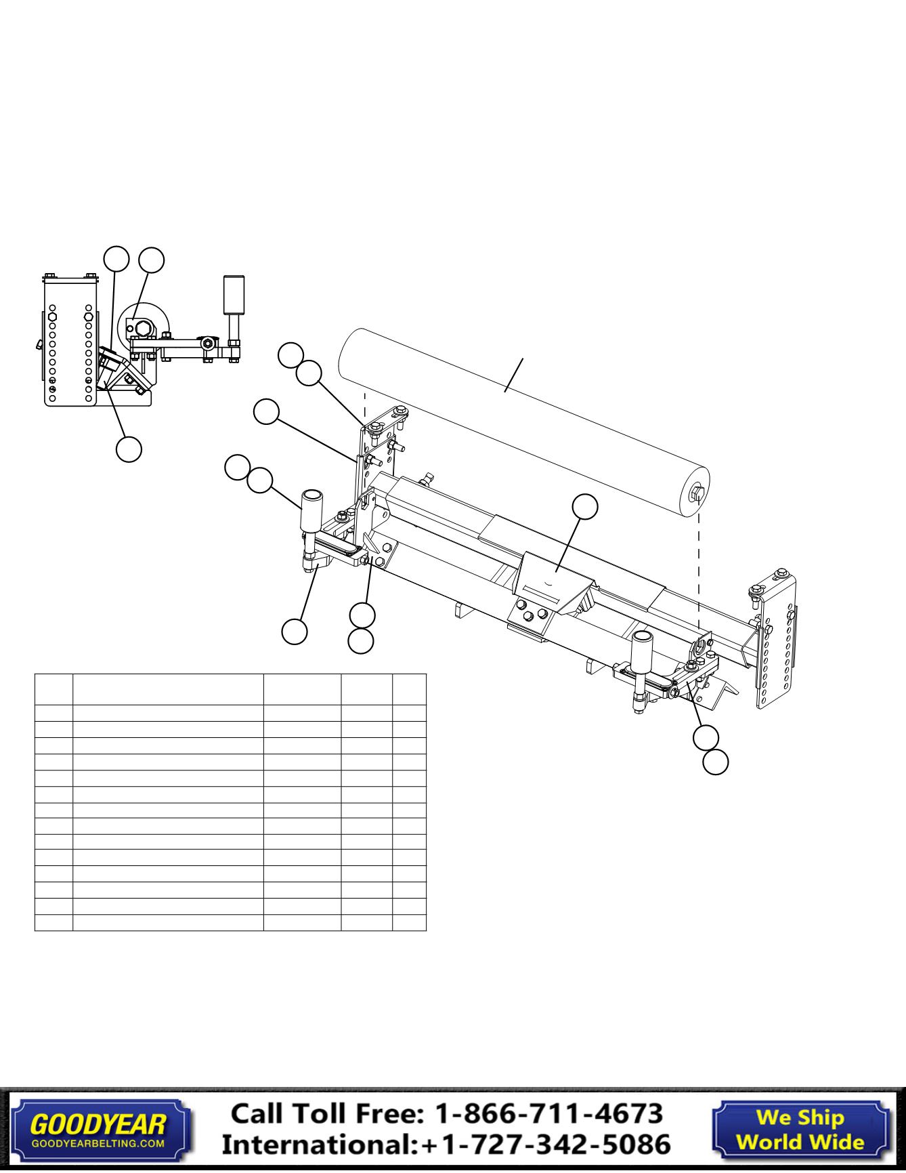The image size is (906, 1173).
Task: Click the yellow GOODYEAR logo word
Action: point(98,1124)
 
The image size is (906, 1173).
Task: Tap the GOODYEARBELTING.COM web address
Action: point(98,1143)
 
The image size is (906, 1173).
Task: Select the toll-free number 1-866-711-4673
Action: point(548,1113)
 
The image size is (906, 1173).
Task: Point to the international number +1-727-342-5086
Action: point(545,1144)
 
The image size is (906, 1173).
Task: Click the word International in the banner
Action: point(318,1144)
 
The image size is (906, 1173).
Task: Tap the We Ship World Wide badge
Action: point(800,1128)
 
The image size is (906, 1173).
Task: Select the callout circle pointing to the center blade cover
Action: point(585,507)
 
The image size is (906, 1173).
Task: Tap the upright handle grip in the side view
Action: point(234,295)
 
